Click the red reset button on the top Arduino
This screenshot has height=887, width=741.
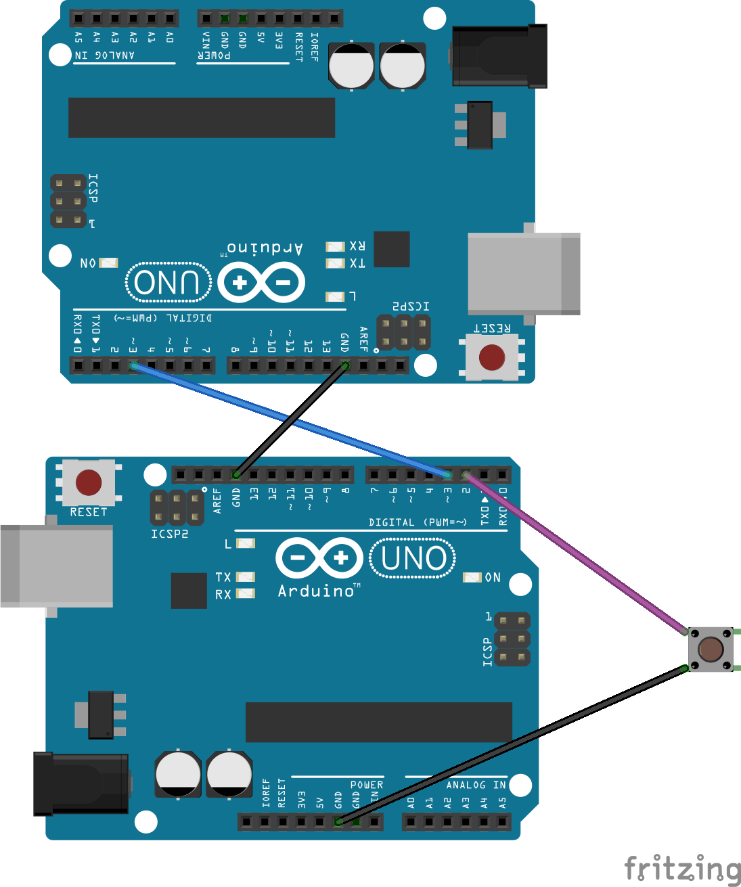click(492, 357)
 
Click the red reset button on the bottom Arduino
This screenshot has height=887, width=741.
click(89, 482)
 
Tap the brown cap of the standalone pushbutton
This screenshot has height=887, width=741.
click(711, 650)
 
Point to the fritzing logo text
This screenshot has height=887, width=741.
click(681, 869)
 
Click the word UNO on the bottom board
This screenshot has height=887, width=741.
click(413, 559)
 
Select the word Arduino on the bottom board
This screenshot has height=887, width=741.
click(316, 591)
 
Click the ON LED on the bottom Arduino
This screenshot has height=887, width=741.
click(472, 577)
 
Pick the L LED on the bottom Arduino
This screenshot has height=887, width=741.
click(246, 543)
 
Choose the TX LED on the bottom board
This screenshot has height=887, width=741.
click(246, 577)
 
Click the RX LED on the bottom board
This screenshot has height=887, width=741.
click(246, 594)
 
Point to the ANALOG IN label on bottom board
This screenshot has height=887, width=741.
click(476, 785)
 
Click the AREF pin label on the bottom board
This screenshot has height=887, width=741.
click(217, 501)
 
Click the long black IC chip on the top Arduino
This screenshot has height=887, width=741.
click(202, 118)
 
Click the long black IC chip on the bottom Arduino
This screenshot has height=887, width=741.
click(379, 722)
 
